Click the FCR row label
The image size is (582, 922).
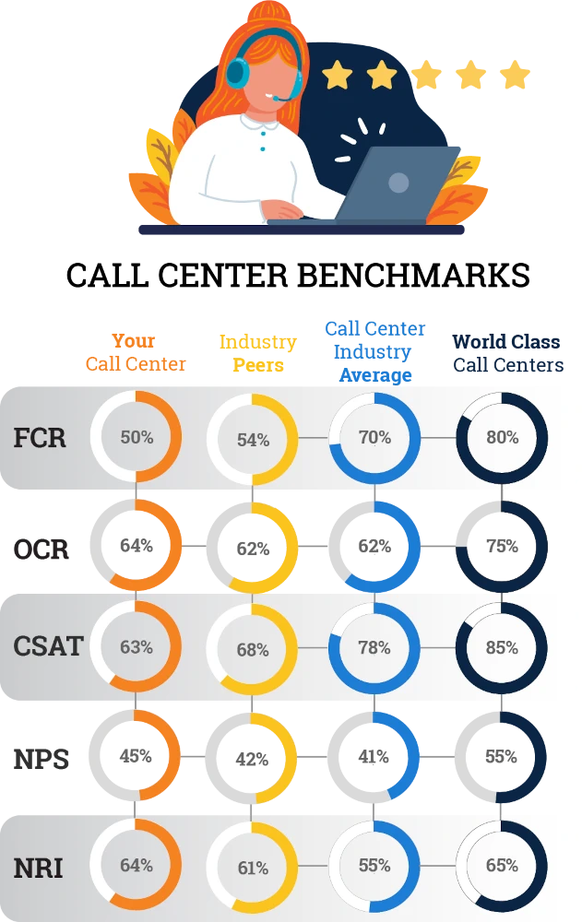40,437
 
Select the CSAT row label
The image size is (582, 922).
47,646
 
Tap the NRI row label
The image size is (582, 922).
38,867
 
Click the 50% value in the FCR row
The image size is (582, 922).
136,437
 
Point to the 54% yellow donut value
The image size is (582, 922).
253,440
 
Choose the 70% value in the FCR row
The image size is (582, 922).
374,437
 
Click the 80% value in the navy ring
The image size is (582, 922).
502,437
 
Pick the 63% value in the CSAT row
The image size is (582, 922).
136,646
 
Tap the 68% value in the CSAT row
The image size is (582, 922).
253,650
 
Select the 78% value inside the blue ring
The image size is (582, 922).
374,647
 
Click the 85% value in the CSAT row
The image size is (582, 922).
502,647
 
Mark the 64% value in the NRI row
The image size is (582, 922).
136,865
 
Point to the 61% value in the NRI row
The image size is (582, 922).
253,868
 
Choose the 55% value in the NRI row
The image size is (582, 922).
374,866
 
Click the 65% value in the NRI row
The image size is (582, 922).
502,866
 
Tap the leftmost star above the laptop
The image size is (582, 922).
338,76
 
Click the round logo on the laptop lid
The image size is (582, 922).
398,183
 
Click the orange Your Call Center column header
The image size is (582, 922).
136,352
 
